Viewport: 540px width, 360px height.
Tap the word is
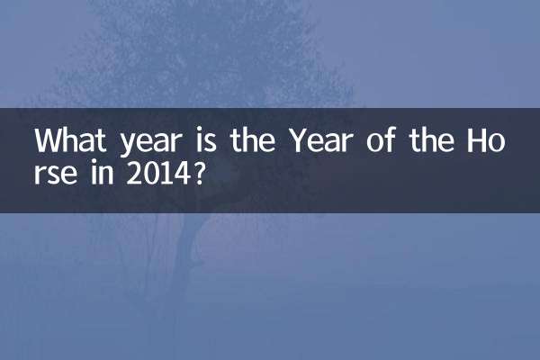pos(191,142)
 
